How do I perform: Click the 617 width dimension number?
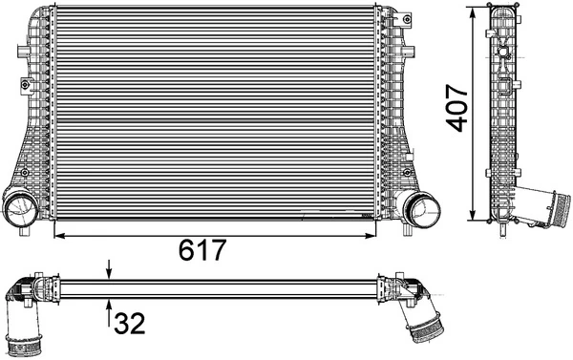[x=202, y=250]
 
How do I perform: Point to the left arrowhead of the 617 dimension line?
[x=59, y=232]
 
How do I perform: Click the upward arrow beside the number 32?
[x=110, y=307]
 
